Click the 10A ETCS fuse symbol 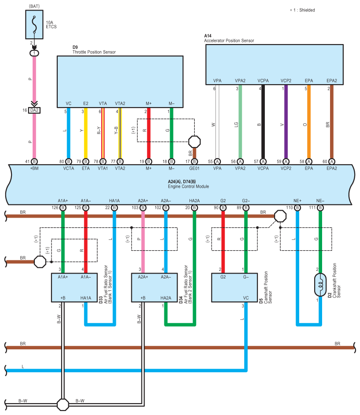tap(34, 25)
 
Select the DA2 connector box tap(34, 110)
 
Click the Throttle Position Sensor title tap(94, 52)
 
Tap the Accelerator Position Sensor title tap(229, 41)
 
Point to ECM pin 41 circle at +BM tap(34, 161)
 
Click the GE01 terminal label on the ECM tap(194, 168)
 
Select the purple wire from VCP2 tap(286, 122)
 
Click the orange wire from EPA tap(308, 122)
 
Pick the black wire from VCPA tap(263, 122)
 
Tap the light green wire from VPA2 tap(240, 122)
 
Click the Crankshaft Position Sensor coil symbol tap(320, 285)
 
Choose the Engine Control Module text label tap(189, 187)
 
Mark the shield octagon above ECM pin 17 tap(194, 142)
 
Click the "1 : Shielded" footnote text tap(304, 10)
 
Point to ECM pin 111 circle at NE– tap(320, 208)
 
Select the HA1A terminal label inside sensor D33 tap(86, 298)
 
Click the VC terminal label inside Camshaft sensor tap(246, 298)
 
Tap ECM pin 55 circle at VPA tap(217, 161)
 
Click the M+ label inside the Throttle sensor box tap(149, 104)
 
